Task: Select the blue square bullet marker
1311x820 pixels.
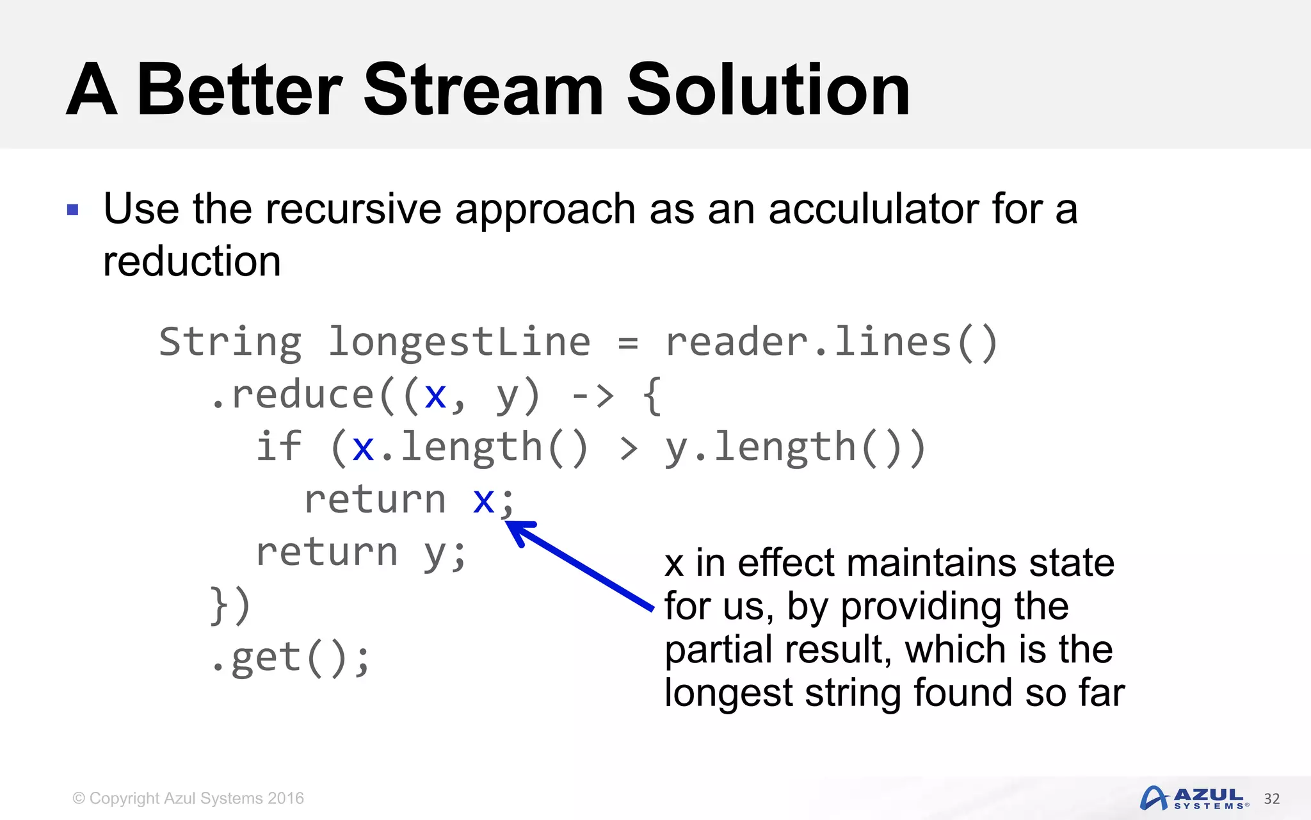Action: coord(73,210)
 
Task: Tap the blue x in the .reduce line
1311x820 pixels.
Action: coord(435,395)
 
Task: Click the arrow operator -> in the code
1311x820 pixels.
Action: coord(593,395)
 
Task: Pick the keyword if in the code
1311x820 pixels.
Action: coord(278,447)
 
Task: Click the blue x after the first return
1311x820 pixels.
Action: coord(484,500)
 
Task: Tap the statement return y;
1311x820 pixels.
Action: coord(361,552)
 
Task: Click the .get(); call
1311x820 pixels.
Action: coord(291,658)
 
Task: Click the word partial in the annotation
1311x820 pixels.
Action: coord(721,649)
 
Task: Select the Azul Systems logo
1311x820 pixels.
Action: coord(1193,798)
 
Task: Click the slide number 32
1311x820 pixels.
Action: coord(1271,799)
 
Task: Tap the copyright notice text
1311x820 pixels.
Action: coord(188,798)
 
